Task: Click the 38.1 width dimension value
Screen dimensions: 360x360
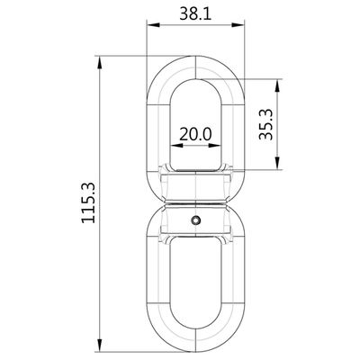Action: [195, 14]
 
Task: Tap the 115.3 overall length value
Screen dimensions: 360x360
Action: [88, 202]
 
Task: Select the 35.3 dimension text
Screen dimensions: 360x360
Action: [266, 124]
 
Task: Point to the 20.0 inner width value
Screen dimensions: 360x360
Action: [195, 134]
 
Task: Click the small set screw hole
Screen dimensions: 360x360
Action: [196, 220]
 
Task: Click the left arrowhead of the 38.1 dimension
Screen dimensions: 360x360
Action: [152, 25]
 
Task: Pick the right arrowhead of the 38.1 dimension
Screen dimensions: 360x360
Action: [238, 25]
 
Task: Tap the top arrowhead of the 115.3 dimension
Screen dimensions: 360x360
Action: [100, 62]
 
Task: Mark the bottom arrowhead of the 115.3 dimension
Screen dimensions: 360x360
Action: [100, 344]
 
